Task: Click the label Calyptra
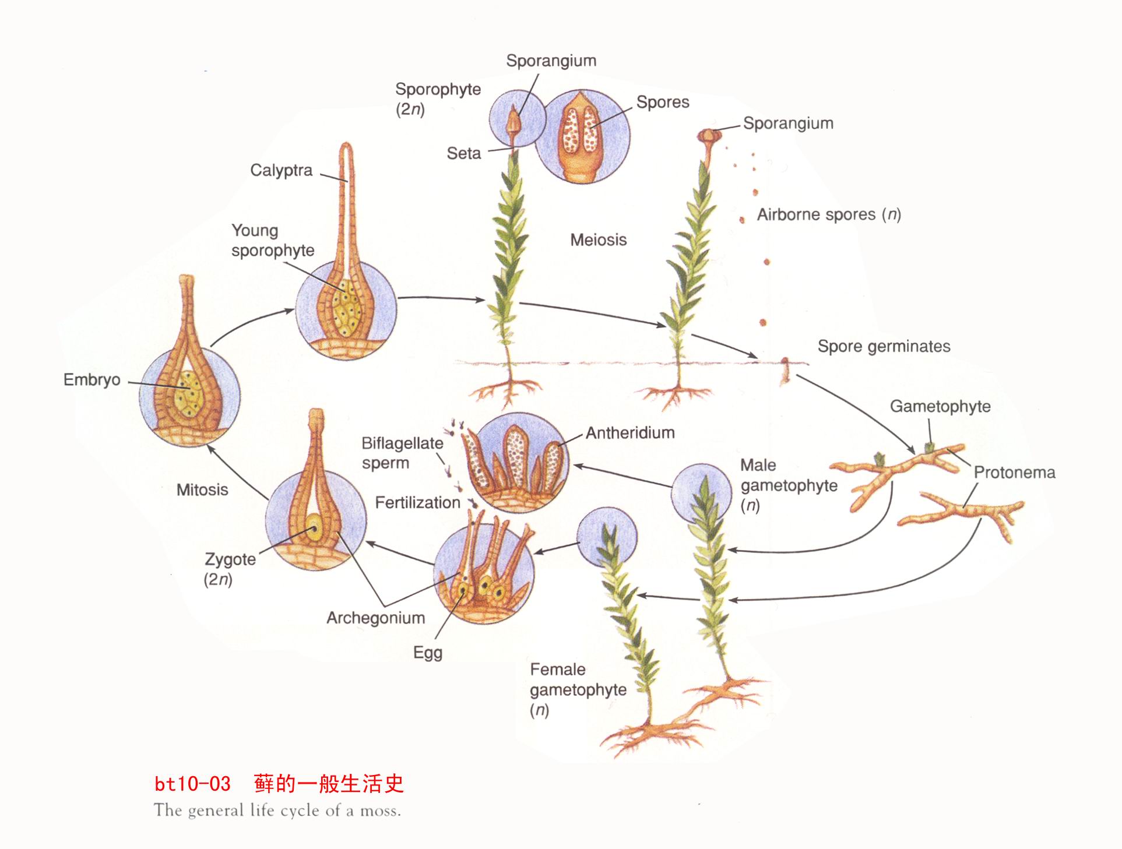tap(281, 170)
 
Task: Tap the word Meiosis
tap(598, 239)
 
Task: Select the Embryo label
tap(92, 380)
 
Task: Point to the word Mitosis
tap(202, 489)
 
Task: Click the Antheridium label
tap(630, 433)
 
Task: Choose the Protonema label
tap(1014, 472)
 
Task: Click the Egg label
tap(428, 653)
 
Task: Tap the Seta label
tap(463, 153)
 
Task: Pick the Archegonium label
tap(375, 618)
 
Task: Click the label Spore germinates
tap(884, 346)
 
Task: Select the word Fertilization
tap(417, 502)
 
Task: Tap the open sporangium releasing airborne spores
tap(709, 137)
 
